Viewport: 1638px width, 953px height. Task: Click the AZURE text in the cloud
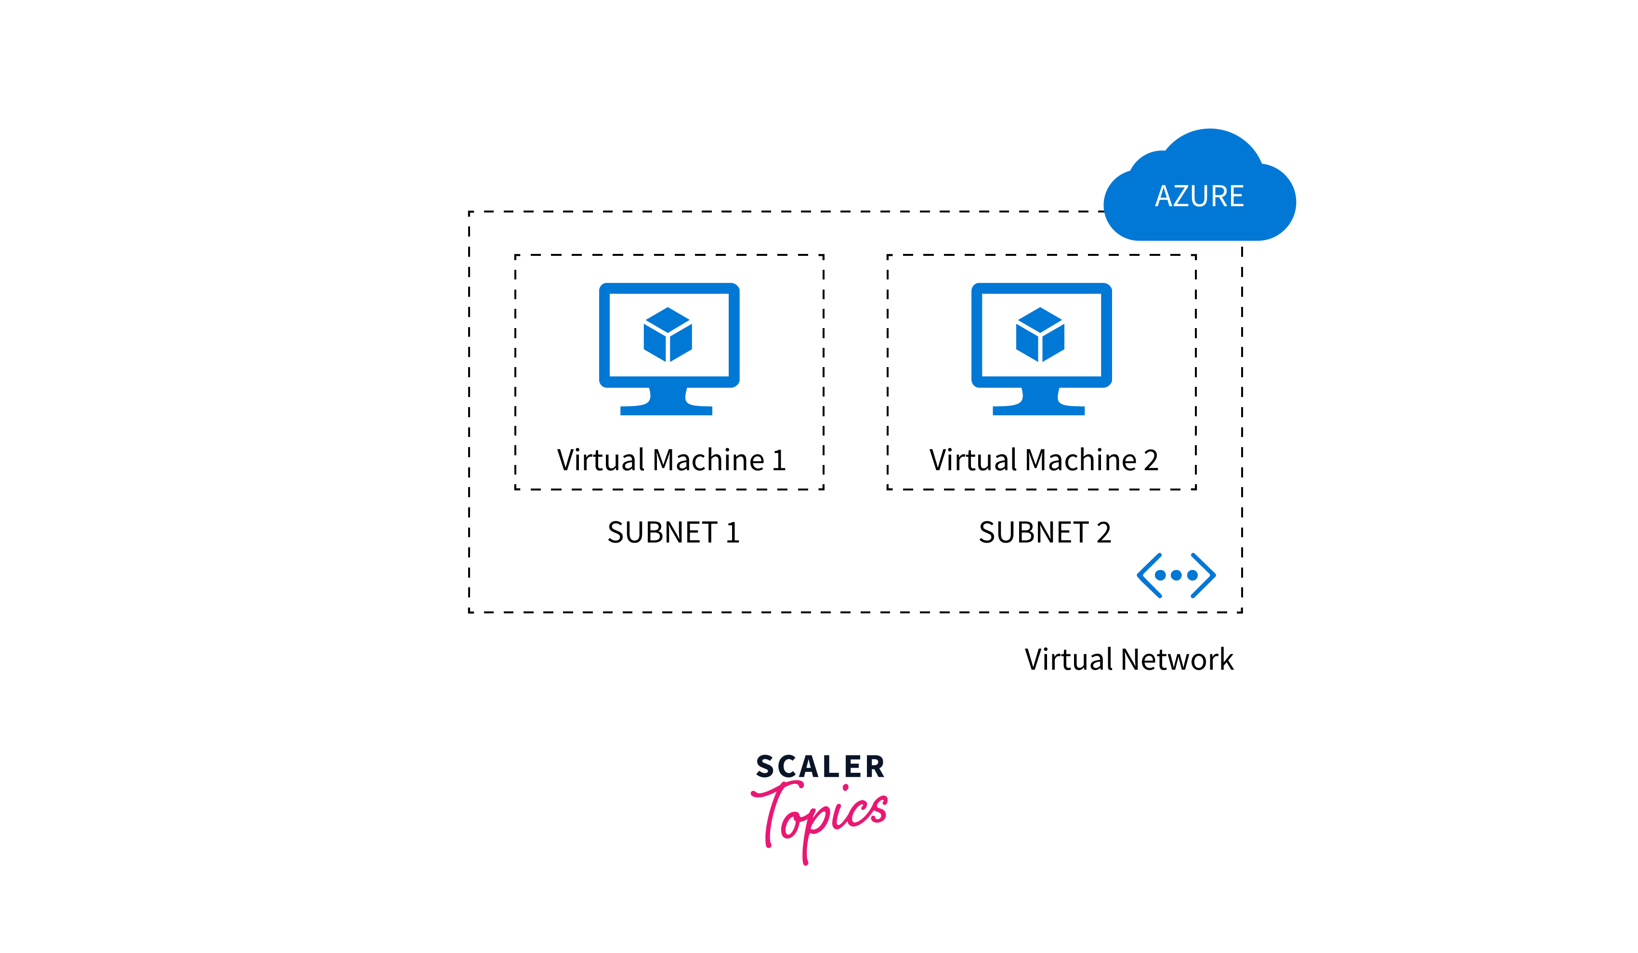point(1199,196)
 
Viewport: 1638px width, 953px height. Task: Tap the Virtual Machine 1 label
point(671,460)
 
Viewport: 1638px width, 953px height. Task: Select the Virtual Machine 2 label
point(1044,460)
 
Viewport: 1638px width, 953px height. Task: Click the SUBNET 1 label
point(673,532)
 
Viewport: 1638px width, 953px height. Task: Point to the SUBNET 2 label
point(1045,532)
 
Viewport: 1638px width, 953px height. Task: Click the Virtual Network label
point(1129,660)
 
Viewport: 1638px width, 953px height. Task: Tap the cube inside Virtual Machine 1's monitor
point(668,334)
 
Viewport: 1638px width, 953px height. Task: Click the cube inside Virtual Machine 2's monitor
point(1040,334)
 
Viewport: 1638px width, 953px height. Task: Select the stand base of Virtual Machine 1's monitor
point(666,410)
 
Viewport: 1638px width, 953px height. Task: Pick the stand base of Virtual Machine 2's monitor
point(1039,410)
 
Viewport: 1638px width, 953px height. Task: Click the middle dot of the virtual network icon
point(1176,575)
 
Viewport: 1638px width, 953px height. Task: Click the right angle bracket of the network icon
point(1204,575)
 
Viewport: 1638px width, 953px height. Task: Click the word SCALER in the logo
point(820,767)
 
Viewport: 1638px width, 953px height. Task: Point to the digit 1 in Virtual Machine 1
point(779,460)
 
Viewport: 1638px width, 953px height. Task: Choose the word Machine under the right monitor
point(1081,460)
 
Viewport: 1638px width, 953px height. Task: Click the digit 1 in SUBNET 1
point(733,532)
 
